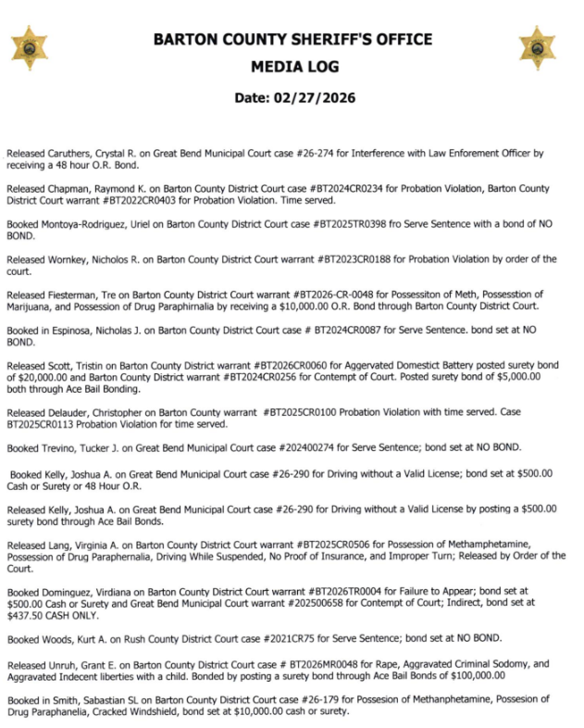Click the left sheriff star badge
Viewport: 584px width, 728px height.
31,46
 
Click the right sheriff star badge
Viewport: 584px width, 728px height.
538,46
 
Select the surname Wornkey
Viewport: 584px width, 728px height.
68,258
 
